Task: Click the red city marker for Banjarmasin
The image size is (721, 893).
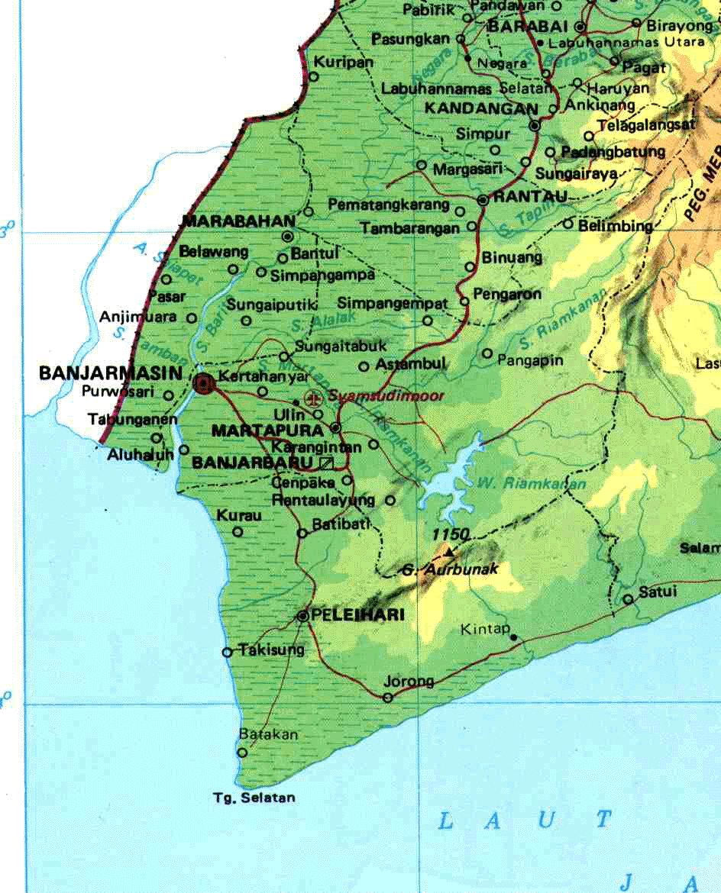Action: [x=203, y=383]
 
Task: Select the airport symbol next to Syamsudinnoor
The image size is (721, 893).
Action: [x=312, y=398]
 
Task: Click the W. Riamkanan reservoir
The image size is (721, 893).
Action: [x=451, y=481]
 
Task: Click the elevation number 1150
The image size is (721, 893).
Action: [x=450, y=534]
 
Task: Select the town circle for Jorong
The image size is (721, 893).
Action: [x=388, y=697]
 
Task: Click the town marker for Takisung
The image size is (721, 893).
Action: [x=227, y=652]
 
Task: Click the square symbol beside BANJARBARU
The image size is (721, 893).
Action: [x=328, y=463]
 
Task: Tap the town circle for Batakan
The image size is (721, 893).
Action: [x=242, y=752]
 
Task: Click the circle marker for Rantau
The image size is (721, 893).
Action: [x=483, y=200]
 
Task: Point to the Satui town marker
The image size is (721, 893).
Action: [x=628, y=599]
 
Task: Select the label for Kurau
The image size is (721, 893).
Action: [x=239, y=515]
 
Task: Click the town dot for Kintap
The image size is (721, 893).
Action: [x=513, y=637]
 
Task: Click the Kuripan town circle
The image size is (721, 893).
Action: [x=313, y=76]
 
